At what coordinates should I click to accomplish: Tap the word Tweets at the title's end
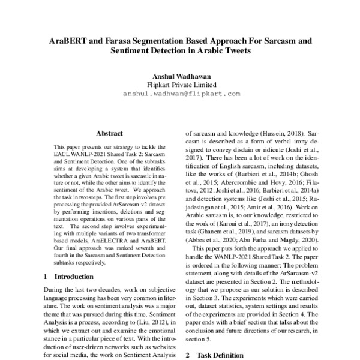tap(233, 52)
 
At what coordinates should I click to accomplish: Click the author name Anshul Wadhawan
tap(181, 76)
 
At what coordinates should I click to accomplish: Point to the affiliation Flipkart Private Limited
tap(181, 85)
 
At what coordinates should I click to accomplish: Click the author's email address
tap(181, 94)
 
